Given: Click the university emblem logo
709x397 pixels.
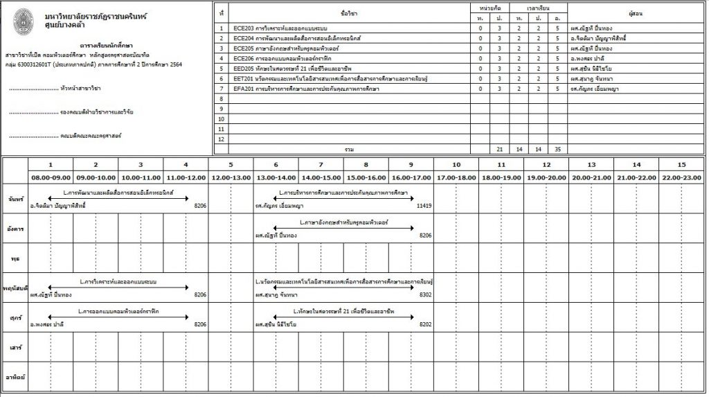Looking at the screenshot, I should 23,19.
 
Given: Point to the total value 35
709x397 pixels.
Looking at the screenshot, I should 557,149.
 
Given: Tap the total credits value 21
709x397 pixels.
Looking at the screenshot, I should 499,149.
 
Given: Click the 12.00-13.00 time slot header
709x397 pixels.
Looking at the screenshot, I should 231,178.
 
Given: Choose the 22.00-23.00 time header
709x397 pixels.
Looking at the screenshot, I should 681,178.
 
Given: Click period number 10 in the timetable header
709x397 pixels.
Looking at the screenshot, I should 456,165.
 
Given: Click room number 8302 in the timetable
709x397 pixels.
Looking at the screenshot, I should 426,295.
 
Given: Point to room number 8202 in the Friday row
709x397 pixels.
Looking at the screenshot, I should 426,324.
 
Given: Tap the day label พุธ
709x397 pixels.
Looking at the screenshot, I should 14,258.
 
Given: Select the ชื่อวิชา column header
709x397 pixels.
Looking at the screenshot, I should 349,13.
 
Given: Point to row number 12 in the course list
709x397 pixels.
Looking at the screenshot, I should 221,139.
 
